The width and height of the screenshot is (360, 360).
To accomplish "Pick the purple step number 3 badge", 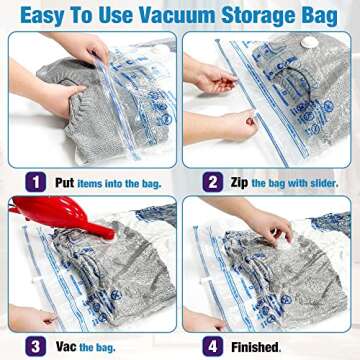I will pos(35,346).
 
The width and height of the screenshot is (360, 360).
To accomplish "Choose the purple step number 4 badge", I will pos(212,346).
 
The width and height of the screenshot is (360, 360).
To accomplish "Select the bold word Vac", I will pos(63,346).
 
